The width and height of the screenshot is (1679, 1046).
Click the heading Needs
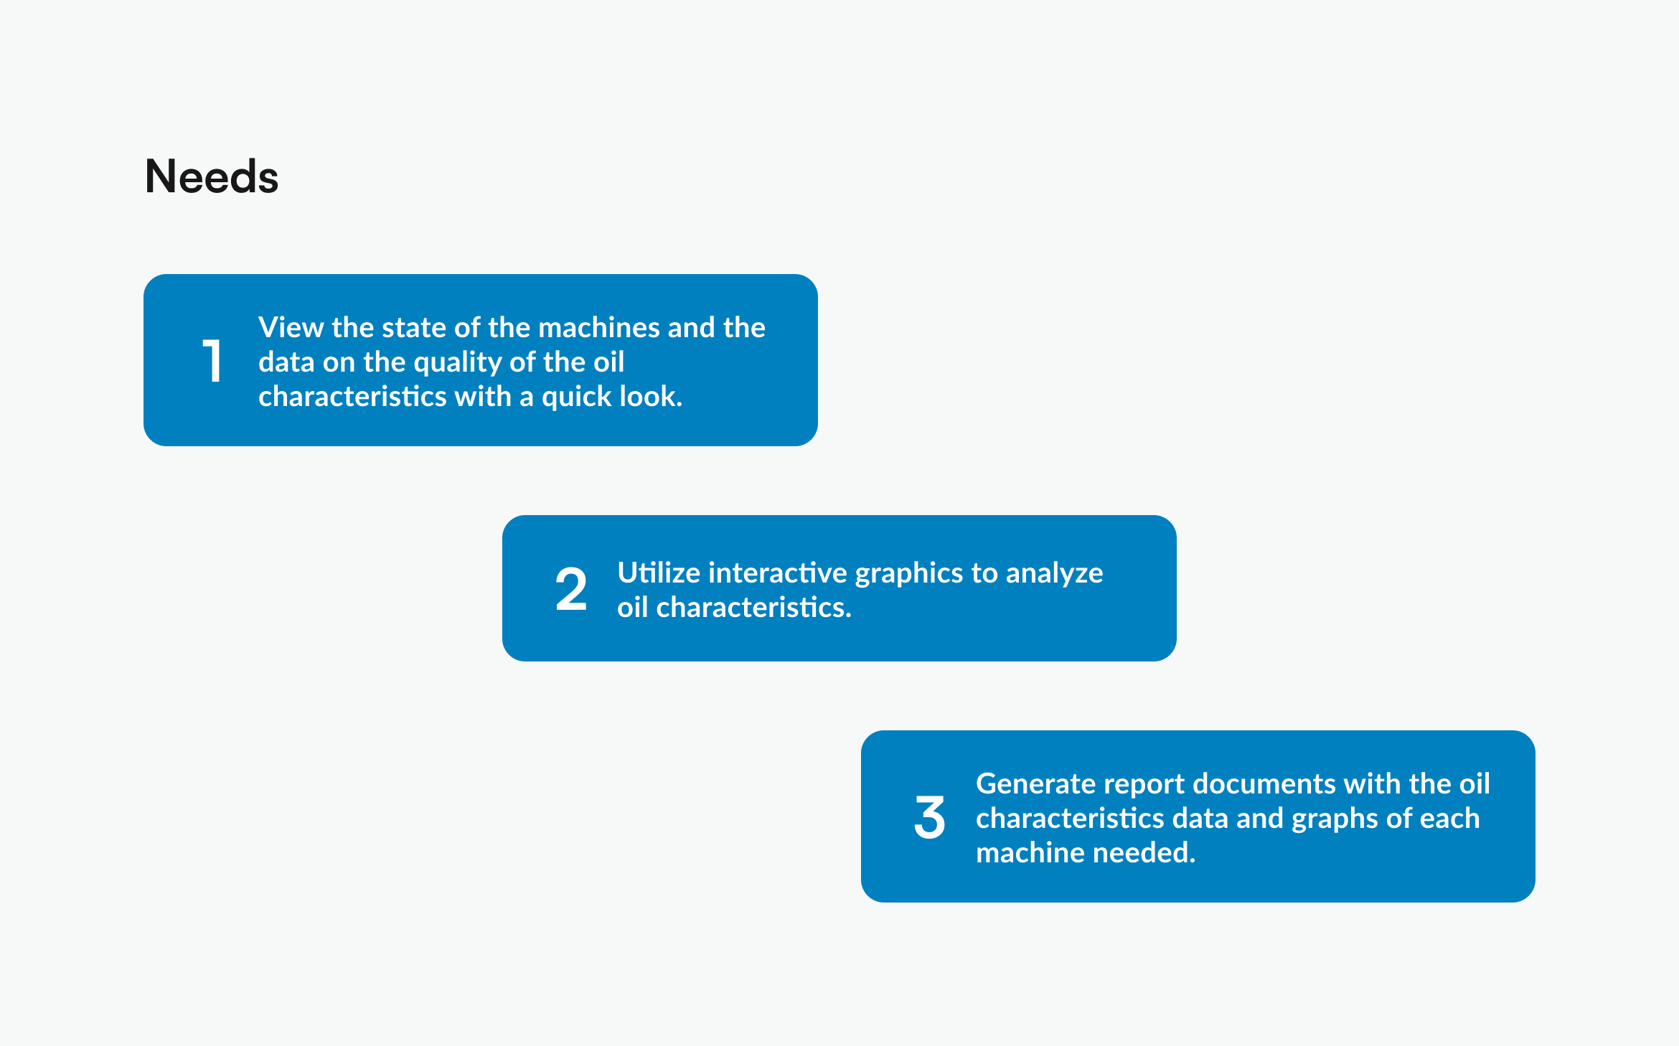tap(212, 176)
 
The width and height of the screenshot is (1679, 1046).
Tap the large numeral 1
tap(212, 360)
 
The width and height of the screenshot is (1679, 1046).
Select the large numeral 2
tap(571, 589)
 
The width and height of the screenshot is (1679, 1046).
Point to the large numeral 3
tap(929, 817)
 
